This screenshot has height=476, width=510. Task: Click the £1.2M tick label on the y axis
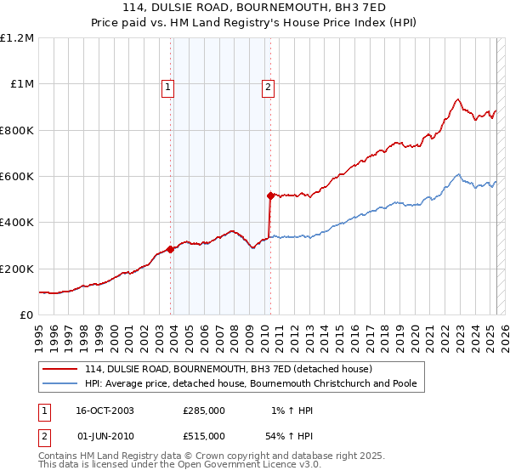coord(17,38)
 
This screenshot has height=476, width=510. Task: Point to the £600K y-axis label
coord(17,177)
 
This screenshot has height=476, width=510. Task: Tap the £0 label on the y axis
coord(26,315)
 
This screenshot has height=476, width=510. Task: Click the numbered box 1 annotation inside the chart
coord(167,86)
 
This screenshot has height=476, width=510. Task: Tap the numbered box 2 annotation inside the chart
coord(268,86)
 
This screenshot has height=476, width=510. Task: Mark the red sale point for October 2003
coord(171,249)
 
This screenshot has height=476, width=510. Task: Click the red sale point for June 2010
coord(270,196)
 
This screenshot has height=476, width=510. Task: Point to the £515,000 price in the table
coord(204,435)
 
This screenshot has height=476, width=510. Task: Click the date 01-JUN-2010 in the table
coord(104,435)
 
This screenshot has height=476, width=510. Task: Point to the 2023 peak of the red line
coord(457,99)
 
